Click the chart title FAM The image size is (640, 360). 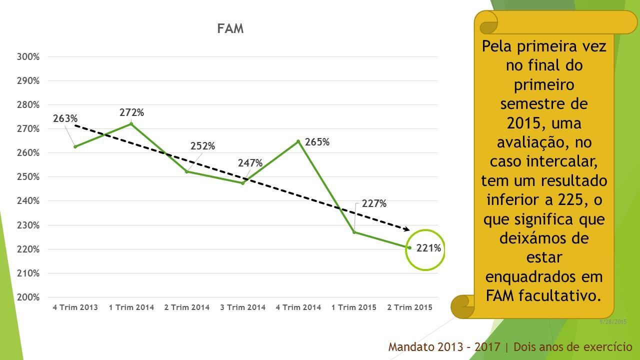(230, 29)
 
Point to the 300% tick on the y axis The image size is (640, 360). (28, 57)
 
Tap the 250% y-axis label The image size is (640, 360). (28, 177)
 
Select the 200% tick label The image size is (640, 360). (28, 297)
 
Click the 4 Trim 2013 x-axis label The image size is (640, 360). (75, 307)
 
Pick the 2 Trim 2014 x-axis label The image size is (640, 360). (187, 307)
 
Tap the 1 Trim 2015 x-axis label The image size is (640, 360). (354, 307)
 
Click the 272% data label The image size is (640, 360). (131, 113)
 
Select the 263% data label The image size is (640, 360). (65, 119)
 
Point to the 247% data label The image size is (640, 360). (250, 163)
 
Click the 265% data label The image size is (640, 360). (317, 142)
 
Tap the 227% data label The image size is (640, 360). (374, 204)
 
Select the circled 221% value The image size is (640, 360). (429, 248)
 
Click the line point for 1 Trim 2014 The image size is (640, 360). (131, 123)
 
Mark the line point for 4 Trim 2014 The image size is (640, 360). (298, 141)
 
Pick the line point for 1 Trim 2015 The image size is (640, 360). (354, 232)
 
